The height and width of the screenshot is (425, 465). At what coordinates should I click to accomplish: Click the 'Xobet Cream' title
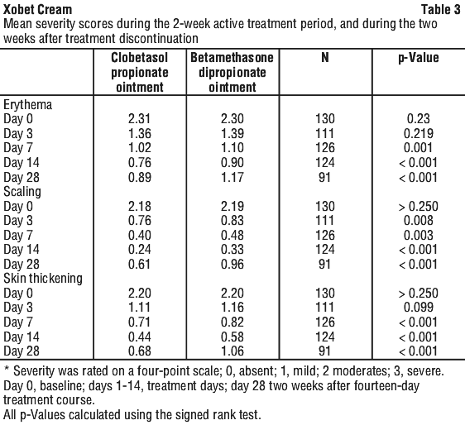click(38, 9)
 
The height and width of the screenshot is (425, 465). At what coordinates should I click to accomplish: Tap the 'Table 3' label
click(441, 9)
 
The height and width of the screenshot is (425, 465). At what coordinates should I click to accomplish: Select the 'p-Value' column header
click(418, 58)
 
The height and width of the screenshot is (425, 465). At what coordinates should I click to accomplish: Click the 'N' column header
click(325, 57)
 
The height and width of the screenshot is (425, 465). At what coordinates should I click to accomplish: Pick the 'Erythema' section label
click(27, 105)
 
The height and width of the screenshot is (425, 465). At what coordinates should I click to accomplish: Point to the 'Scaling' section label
click(22, 192)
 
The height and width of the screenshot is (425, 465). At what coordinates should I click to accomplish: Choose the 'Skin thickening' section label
click(43, 279)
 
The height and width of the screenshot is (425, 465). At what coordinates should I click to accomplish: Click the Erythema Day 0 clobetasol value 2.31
click(139, 119)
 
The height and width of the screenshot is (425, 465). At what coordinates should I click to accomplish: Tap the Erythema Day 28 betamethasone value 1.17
click(232, 178)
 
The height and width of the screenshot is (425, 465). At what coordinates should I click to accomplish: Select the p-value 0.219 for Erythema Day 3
click(418, 134)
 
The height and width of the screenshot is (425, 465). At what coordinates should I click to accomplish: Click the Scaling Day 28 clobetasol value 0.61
click(139, 265)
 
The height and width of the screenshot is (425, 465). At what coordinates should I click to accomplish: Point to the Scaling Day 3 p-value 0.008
click(418, 221)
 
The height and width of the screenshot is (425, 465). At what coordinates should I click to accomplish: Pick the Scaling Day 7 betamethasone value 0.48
click(232, 236)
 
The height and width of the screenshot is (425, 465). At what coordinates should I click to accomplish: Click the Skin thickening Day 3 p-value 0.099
click(418, 308)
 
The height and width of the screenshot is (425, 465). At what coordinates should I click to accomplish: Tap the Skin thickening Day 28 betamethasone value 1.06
click(232, 351)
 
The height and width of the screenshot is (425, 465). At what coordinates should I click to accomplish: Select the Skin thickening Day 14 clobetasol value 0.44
click(139, 337)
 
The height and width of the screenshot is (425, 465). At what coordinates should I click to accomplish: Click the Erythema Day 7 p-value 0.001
click(418, 148)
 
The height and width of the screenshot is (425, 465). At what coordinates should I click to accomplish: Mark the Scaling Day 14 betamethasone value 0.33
click(232, 250)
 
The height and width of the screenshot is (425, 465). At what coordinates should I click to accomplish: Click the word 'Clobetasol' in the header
click(139, 58)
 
